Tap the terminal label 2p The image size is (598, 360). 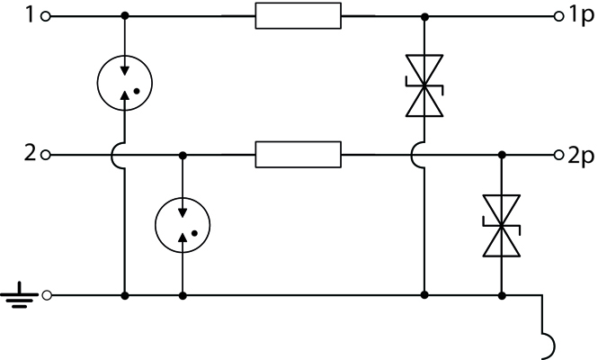pyautogui.click(x=581, y=156)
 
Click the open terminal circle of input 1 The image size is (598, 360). pyautogui.click(x=45, y=16)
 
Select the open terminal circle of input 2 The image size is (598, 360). pyautogui.click(x=45, y=155)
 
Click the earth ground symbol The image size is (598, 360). pyautogui.click(x=19, y=295)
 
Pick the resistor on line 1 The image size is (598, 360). pyautogui.click(x=299, y=15)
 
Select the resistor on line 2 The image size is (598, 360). pyautogui.click(x=299, y=155)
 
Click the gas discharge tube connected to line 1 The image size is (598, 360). pyautogui.click(x=125, y=83)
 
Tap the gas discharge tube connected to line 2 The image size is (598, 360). pyautogui.click(x=183, y=225)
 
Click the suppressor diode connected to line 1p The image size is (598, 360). pyautogui.click(x=424, y=85)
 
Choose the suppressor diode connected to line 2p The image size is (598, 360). pyautogui.click(x=502, y=226)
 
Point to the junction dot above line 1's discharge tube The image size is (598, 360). pyautogui.click(x=125, y=16)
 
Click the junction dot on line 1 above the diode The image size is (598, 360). pyautogui.click(x=424, y=17)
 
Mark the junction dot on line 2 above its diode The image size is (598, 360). pyautogui.click(x=502, y=155)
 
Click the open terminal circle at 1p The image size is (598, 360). pyautogui.click(x=558, y=16)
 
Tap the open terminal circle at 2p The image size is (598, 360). pyautogui.click(x=558, y=155)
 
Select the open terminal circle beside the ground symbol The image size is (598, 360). pyautogui.click(x=47, y=295)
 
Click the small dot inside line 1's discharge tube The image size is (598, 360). pyautogui.click(x=137, y=91)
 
